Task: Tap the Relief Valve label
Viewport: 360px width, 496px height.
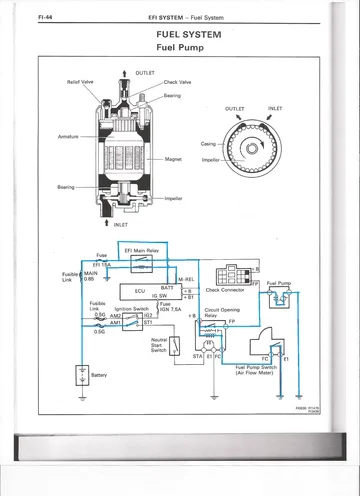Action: click(81, 81)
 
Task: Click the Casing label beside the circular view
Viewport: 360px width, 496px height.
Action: click(208, 144)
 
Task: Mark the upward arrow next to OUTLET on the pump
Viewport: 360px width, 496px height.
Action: click(123, 72)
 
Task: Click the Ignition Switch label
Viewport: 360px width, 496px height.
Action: click(132, 309)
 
